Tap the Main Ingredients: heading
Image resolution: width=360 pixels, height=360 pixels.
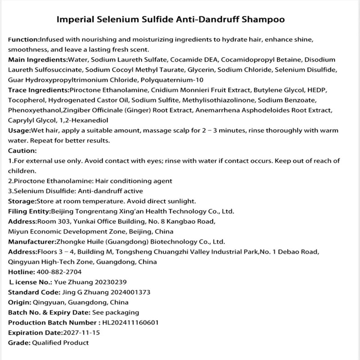click(x=37, y=59)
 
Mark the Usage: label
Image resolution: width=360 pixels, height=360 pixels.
click(x=19, y=130)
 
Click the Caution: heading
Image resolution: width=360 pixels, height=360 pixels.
click(x=22, y=151)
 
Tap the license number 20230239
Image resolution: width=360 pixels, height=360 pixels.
click(x=111, y=283)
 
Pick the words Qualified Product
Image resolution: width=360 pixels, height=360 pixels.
click(x=60, y=343)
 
